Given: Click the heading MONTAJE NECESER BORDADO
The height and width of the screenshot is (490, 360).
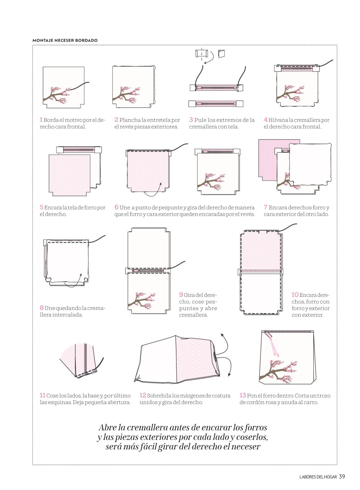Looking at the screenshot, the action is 65,40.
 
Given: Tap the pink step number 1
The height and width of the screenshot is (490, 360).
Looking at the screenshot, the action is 41,120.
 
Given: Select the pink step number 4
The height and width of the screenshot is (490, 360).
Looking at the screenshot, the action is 266,120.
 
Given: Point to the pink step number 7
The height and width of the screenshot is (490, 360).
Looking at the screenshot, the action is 266,207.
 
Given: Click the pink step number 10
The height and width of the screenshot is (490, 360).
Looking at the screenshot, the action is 295,295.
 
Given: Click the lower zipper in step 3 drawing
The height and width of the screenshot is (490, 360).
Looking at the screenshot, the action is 216,104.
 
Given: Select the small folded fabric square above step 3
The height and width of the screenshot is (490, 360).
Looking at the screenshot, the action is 221,54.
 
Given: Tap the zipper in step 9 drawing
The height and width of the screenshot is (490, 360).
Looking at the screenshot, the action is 148,271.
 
